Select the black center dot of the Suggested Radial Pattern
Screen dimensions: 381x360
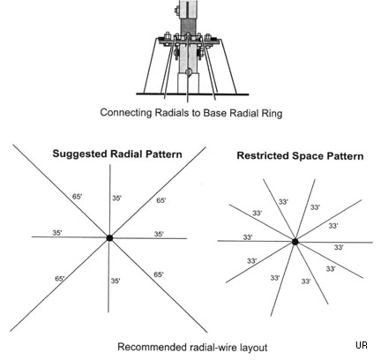pyautogui.click(x=109, y=238)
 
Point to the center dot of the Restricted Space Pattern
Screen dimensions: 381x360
pyautogui.click(x=295, y=242)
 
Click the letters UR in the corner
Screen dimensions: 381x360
pyautogui.click(x=362, y=345)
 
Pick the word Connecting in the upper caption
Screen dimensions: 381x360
pyautogui.click(x=126, y=113)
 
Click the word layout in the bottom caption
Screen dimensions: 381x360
pyautogui.click(x=252, y=348)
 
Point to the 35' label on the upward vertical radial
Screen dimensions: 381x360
pyautogui.click(x=116, y=199)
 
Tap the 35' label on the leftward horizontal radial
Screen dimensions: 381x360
pyautogui.click(x=57, y=233)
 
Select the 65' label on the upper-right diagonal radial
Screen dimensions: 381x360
pyautogui.click(x=161, y=200)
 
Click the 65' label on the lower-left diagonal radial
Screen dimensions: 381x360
pyautogui.click(x=60, y=278)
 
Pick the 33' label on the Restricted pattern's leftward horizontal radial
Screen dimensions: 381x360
pyautogui.click(x=248, y=236)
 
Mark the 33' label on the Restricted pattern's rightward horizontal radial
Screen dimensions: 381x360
pyautogui.click(x=339, y=247)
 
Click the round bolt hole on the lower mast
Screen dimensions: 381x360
pyautogui.click(x=189, y=71)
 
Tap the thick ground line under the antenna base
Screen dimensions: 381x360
pyautogui.click(x=192, y=94)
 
